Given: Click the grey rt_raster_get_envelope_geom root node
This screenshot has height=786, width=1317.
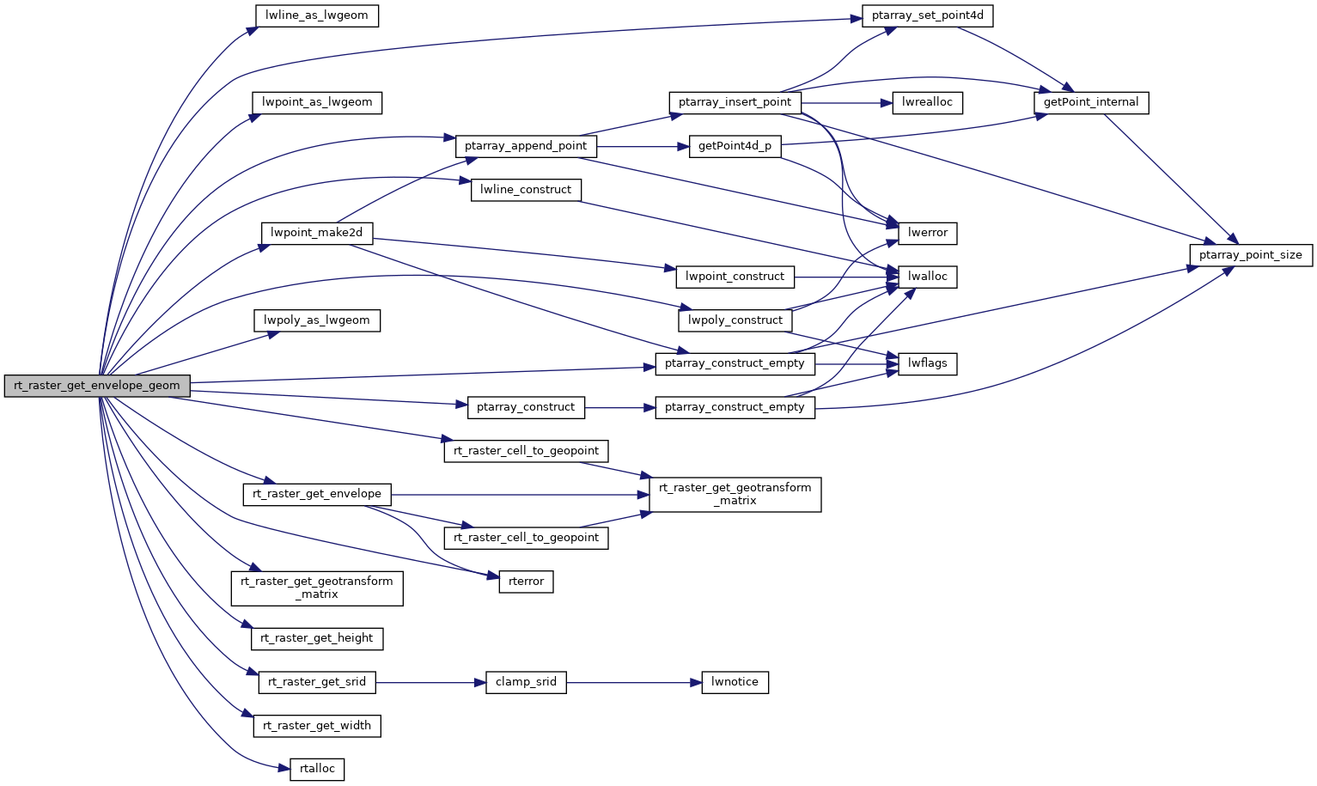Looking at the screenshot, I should (97, 386).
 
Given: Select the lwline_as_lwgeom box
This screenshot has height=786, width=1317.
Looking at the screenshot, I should (317, 15).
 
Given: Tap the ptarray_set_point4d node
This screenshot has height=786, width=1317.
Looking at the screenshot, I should (927, 15).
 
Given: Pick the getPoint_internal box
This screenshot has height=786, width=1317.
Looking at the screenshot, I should (1091, 102).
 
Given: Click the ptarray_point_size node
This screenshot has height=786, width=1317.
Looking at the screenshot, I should (1250, 255).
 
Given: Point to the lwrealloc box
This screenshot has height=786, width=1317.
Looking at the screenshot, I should (927, 102).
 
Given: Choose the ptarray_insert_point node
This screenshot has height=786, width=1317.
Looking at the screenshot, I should (735, 102).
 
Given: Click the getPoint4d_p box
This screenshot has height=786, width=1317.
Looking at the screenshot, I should (735, 146).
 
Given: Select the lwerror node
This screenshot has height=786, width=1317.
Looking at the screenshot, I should (927, 233).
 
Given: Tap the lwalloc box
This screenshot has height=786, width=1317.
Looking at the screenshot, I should (927, 277).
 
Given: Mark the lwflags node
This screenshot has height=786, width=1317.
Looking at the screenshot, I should (927, 363).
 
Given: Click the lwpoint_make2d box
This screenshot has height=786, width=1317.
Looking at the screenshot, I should (316, 233).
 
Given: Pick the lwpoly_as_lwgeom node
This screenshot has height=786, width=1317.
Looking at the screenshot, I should (317, 320).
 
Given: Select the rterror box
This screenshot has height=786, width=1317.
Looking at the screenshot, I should (526, 582).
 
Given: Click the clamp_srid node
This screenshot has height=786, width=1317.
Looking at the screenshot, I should (526, 683).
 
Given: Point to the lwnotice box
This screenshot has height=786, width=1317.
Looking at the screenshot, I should (735, 683).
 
